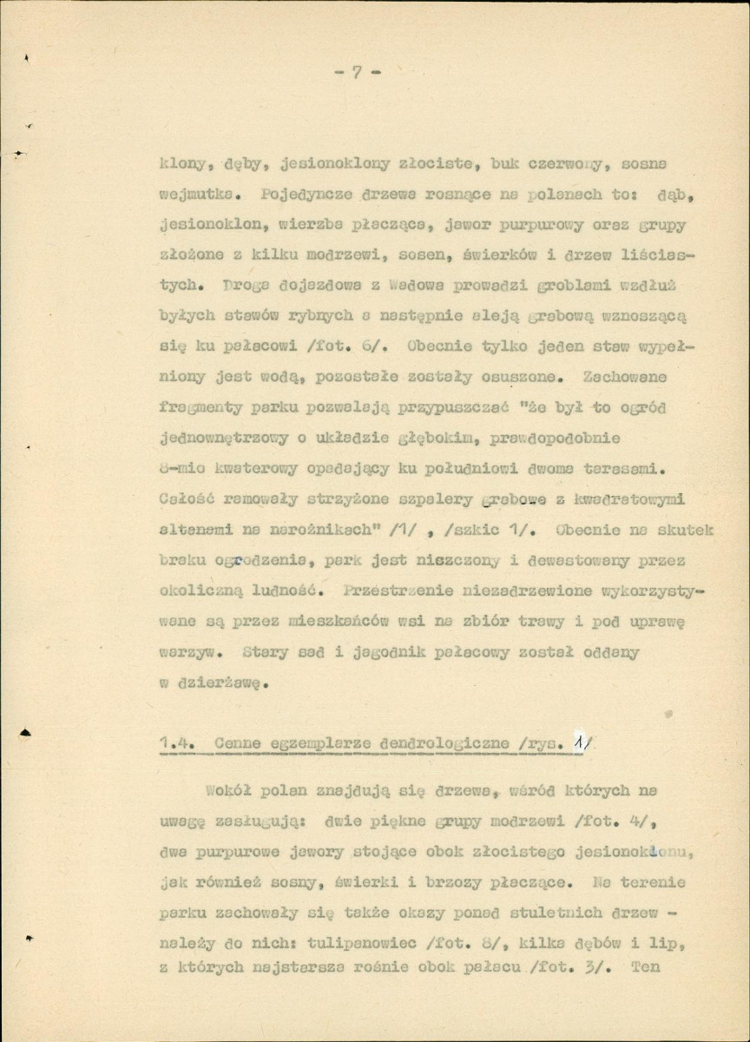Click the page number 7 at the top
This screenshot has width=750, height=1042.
tap(357, 73)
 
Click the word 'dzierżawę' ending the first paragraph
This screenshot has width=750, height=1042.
tap(220, 682)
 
